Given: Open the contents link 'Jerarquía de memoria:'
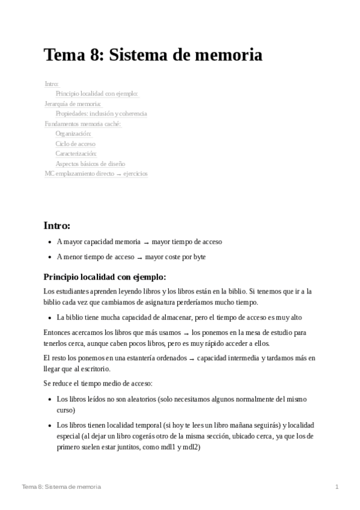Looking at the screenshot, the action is click(73, 103).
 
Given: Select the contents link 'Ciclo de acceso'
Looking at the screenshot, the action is click(75, 144).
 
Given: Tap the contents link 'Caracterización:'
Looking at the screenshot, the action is click(76, 154).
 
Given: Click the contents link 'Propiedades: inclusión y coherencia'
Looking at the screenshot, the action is click(101, 114).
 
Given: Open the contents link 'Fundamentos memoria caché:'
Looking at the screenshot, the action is click(83, 124).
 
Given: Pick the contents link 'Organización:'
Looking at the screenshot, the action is click(73, 134).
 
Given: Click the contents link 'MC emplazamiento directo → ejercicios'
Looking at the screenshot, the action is click(96, 174).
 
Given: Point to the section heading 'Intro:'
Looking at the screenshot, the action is click(57, 226).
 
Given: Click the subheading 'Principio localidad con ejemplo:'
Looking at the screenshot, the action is click(105, 277).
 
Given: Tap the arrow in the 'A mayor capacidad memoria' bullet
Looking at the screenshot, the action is click(146, 242).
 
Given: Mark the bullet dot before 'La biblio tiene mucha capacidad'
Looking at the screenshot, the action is click(49, 317).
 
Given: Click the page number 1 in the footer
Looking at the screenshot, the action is click(337, 486).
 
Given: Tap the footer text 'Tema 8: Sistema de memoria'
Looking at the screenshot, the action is click(61, 486).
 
